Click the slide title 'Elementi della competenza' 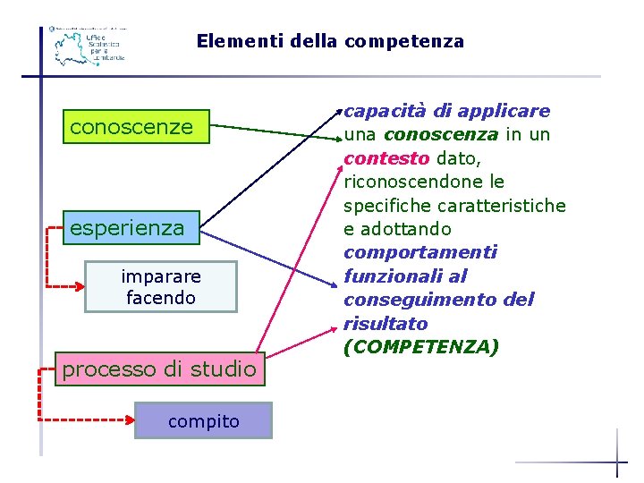coord(330,41)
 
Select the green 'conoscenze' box coord(131,127)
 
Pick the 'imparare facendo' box coord(161,286)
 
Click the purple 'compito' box coord(204,420)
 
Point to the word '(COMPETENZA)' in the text coord(421,346)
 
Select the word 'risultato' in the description coord(386,323)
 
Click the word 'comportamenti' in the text coord(419,252)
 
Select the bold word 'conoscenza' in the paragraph coord(440,134)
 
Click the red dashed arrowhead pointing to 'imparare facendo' coord(78,287)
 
